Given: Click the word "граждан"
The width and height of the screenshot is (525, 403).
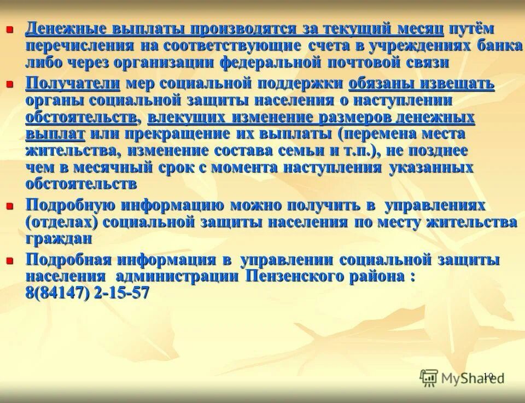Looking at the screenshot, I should tap(59, 239).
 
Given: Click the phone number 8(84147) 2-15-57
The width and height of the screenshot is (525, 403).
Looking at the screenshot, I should tap(87, 293).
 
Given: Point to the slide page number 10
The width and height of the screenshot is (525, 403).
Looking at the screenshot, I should tap(488, 376).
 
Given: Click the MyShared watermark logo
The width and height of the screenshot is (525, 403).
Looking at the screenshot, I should tap(460, 377).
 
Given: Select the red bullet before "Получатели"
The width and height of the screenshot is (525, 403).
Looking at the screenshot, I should tap(9, 84).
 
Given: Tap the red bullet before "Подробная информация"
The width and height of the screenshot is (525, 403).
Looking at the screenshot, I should tap(9, 261).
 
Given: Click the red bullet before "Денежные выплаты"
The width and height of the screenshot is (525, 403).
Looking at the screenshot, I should tap(9, 29).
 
